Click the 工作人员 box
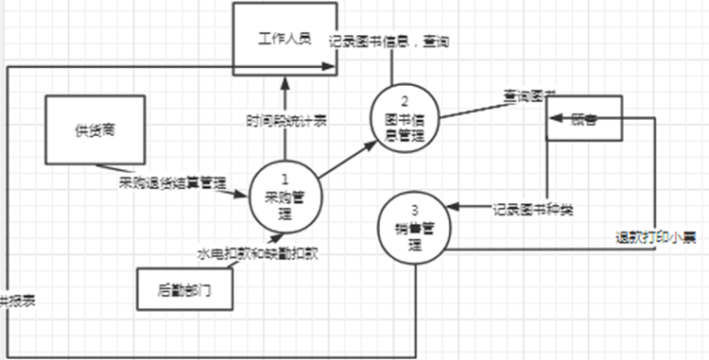click(285, 38)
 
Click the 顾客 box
click(583, 120)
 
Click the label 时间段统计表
click(287, 122)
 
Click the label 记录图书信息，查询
click(389, 43)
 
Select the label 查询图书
click(528, 96)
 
